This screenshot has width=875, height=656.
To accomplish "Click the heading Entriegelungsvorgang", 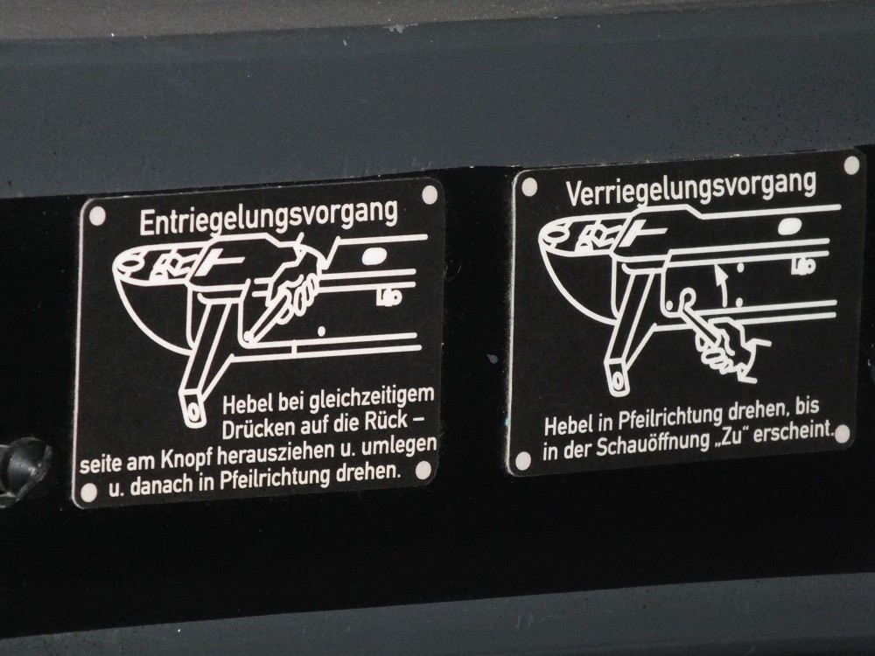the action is (x=269, y=216).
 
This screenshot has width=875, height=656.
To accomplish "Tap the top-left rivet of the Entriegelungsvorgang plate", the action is (x=97, y=215).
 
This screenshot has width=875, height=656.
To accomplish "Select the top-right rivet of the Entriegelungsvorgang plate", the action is (x=430, y=194).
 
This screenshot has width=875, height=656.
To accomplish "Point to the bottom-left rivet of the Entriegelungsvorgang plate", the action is (x=88, y=492).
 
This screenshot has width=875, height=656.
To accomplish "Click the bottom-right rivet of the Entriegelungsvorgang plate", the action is (x=423, y=470).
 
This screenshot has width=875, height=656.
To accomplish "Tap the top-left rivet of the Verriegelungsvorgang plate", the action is (x=529, y=187).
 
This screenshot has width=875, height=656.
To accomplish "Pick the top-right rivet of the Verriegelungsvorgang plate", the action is (x=851, y=165).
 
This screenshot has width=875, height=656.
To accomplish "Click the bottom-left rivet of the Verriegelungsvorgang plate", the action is (x=523, y=460).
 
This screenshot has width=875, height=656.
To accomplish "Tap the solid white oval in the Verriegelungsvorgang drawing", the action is (x=790, y=227).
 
